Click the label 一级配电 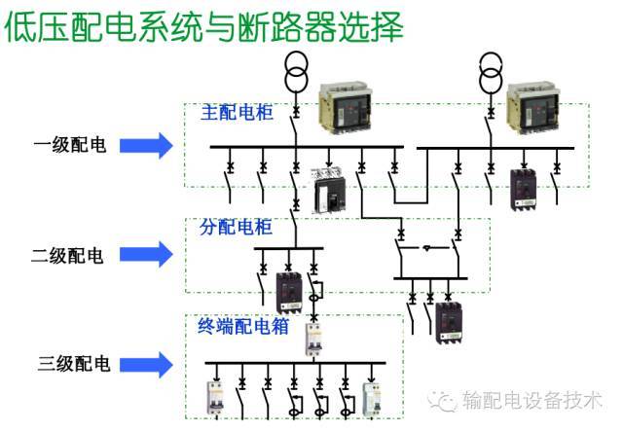[x=69, y=146]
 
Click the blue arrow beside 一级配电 [x=146, y=146]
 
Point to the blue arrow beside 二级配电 [x=146, y=256]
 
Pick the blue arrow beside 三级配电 [x=146, y=365]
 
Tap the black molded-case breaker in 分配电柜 [x=288, y=292]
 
